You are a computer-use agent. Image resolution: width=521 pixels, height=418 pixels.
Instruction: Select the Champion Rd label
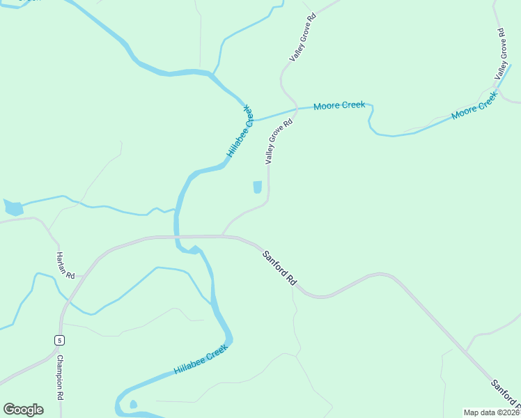click(x=61, y=377)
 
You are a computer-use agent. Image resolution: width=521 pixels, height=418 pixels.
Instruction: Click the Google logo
click(x=23, y=410)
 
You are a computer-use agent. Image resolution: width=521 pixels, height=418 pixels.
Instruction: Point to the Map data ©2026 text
click(x=492, y=412)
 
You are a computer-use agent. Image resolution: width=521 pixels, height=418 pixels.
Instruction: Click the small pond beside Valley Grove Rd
click(x=257, y=187)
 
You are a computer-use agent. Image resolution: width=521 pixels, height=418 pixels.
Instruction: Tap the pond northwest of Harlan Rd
click(x=13, y=208)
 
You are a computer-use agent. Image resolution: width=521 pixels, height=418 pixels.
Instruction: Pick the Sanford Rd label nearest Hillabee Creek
click(x=280, y=268)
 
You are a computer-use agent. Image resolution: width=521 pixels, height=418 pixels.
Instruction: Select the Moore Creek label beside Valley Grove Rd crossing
click(x=339, y=106)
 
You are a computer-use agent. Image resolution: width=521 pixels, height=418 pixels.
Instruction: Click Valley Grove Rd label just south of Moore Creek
click(x=278, y=141)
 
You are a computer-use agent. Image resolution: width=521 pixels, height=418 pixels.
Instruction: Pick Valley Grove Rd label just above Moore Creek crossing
click(x=303, y=36)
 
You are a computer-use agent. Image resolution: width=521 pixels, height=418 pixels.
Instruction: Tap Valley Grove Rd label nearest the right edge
click(x=501, y=54)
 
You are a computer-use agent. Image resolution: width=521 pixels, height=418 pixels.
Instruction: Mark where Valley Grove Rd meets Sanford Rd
click(x=223, y=236)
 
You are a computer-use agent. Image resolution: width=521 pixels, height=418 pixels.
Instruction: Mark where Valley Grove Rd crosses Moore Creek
click(x=295, y=109)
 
